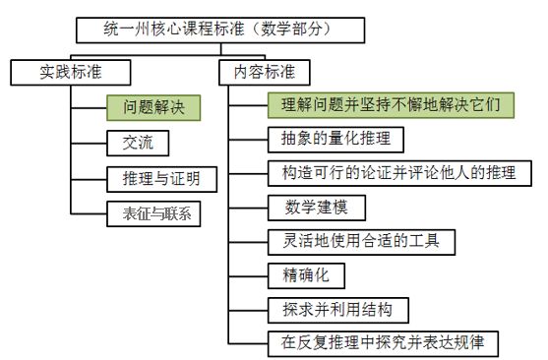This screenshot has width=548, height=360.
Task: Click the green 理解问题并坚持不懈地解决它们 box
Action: (x=390, y=103)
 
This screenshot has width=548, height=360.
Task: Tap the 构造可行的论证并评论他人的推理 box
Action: (x=393, y=173)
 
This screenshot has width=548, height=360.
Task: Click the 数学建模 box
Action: (x=306, y=208)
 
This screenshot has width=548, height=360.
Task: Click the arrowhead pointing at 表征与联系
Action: (x=102, y=211)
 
